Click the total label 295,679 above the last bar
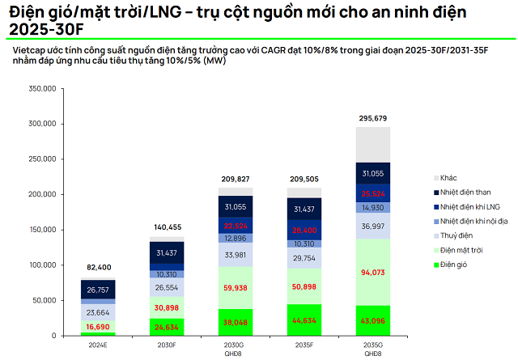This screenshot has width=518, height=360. coord(373,119)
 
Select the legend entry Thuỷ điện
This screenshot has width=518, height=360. coord(461,235)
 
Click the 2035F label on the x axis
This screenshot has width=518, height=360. coord(304,345)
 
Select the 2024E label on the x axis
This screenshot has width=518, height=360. coord(98,345)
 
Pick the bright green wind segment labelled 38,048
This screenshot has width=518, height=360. coord(236,322)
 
